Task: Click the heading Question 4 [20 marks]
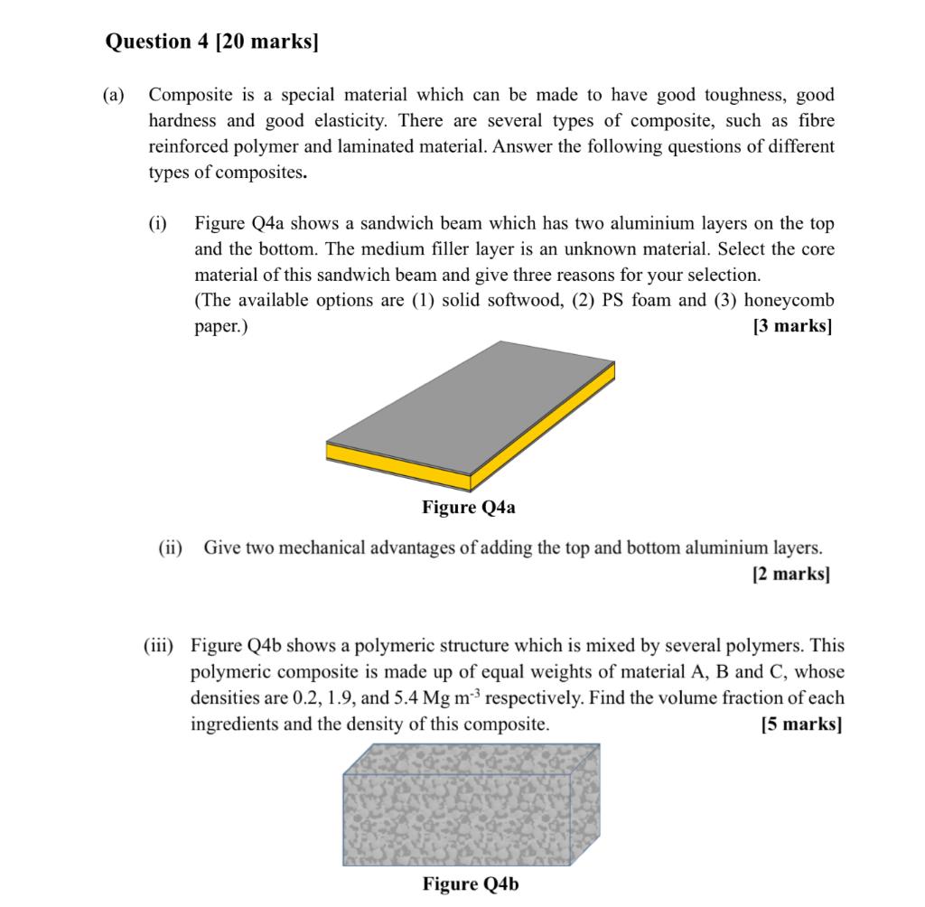[x=212, y=42]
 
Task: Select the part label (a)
[x=115, y=95]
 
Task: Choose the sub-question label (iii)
[x=163, y=646]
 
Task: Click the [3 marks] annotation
[x=792, y=326]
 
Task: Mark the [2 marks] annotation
[x=790, y=574]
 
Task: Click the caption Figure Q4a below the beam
[x=469, y=508]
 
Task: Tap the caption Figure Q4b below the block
[x=470, y=884]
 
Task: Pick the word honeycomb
[x=789, y=300]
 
